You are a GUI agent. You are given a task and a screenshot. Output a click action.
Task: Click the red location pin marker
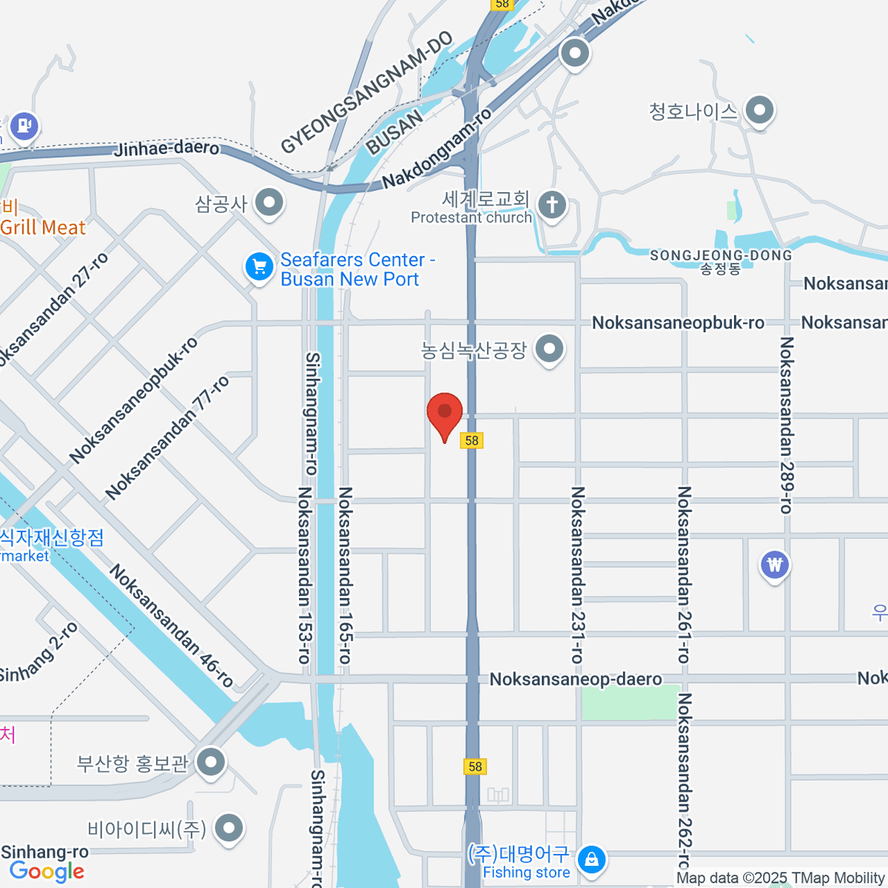pyautogui.click(x=445, y=413)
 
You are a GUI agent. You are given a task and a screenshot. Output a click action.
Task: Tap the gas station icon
pyautogui.click(x=24, y=125)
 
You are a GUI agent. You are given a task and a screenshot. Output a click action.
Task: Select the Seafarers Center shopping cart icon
pyautogui.click(x=259, y=266)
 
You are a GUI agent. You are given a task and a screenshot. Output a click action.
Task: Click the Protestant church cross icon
pyautogui.click(x=551, y=204)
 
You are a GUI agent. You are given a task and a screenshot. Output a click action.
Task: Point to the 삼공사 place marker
pyautogui.click(x=269, y=202)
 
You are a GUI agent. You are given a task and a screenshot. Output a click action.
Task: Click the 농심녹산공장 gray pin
pyautogui.click(x=549, y=349)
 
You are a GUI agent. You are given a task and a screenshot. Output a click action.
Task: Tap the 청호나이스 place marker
pyautogui.click(x=758, y=111)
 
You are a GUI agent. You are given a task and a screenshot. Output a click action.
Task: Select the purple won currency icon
pyautogui.click(x=774, y=565)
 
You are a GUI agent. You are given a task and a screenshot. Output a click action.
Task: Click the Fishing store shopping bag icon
pyautogui.click(x=591, y=860)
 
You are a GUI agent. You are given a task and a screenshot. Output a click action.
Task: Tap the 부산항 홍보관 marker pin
pyautogui.click(x=212, y=761)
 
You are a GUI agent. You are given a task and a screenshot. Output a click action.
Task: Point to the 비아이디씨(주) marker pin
pyautogui.click(x=229, y=828)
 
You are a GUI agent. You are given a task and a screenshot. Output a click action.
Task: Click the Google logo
pyautogui.click(x=47, y=872)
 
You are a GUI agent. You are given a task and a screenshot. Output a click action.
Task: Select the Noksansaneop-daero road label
pyautogui.click(x=576, y=679)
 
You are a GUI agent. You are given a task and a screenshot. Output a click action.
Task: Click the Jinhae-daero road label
pyautogui.click(x=167, y=148)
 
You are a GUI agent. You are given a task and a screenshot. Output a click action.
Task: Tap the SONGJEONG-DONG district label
pyautogui.click(x=720, y=256)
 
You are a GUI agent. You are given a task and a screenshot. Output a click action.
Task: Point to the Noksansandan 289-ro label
pyautogui.click(x=786, y=425)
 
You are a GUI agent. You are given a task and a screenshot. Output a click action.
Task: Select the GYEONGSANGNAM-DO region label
pyautogui.click(x=366, y=92)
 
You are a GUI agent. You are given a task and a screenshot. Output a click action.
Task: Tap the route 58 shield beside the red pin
pyautogui.click(x=471, y=440)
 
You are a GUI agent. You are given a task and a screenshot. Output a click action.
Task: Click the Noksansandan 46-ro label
pyautogui.click(x=172, y=625)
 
